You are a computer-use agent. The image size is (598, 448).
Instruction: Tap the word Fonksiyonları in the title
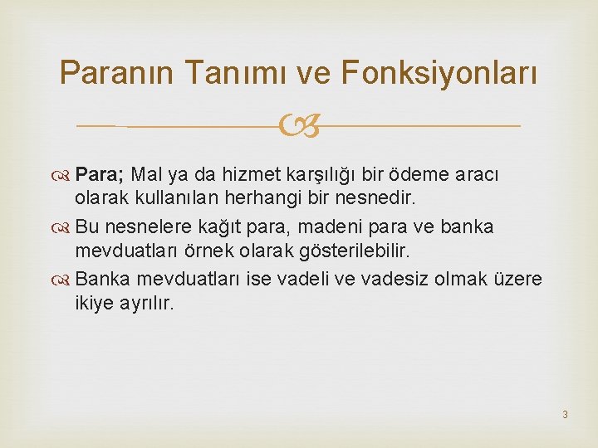tap(438, 74)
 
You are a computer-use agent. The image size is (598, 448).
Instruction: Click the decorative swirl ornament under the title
tap(298, 127)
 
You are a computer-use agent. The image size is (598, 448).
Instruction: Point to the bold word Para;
tap(100, 175)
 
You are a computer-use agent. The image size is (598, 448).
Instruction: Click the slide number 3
tap(564, 414)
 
